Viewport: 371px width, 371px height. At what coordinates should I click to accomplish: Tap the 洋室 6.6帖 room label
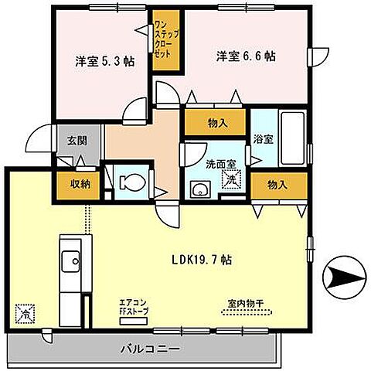[247, 56]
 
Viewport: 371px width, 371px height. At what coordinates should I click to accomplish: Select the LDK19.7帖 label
[203, 260]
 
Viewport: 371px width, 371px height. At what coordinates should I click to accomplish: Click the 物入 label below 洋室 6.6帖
[216, 121]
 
